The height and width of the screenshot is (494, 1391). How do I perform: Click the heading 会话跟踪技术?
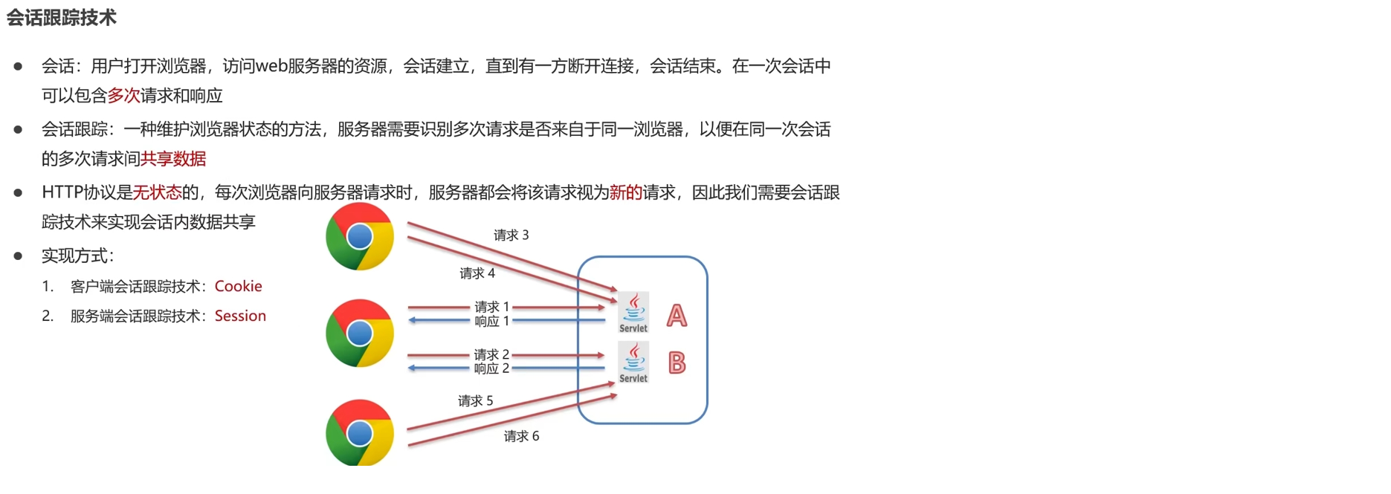(62, 18)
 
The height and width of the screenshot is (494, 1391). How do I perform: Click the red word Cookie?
(238, 286)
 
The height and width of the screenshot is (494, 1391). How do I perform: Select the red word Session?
(240, 316)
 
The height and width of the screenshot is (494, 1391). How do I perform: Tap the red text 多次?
(123, 96)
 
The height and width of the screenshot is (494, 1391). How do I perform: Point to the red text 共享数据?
(173, 159)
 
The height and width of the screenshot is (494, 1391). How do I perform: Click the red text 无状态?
(157, 193)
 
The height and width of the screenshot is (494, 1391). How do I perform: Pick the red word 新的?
(625, 193)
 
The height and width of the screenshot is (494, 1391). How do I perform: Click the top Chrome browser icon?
(360, 236)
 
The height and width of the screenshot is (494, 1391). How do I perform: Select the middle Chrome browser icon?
(360, 333)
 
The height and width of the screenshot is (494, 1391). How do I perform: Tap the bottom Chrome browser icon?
(360, 432)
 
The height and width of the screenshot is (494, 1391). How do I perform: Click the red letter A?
(677, 316)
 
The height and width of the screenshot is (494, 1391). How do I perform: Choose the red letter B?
(677, 363)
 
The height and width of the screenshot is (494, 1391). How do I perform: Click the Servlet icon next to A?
(633, 313)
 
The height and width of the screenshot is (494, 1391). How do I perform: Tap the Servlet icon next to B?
(633, 363)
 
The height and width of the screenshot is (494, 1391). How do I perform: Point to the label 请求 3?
(511, 235)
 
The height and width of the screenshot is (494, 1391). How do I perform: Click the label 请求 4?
(477, 273)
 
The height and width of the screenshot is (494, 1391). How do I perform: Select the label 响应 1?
(491, 322)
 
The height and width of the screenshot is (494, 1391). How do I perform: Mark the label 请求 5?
(475, 401)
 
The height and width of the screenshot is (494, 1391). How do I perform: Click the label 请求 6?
(521, 436)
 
